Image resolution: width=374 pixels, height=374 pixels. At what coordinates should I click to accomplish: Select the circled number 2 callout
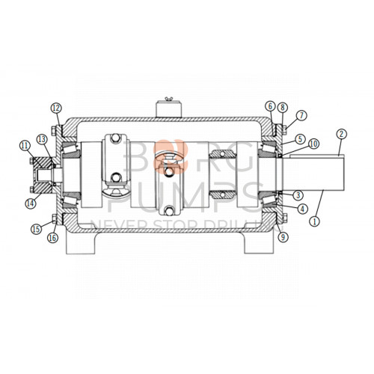340,135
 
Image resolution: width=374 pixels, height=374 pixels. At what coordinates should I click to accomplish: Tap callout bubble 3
298,196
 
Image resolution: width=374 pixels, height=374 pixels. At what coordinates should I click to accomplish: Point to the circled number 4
301,209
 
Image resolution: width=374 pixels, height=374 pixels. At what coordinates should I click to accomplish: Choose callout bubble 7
300,115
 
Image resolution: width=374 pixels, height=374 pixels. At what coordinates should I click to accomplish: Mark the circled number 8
282,107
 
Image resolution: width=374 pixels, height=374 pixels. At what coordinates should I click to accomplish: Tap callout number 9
282,238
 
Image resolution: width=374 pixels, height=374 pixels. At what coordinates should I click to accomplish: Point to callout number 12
55,108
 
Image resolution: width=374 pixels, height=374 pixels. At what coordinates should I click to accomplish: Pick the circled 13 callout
41,139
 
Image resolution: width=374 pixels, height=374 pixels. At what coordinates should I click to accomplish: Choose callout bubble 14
30,203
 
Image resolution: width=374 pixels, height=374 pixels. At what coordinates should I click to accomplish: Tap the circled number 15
34,229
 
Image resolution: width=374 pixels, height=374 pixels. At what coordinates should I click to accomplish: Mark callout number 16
52,238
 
